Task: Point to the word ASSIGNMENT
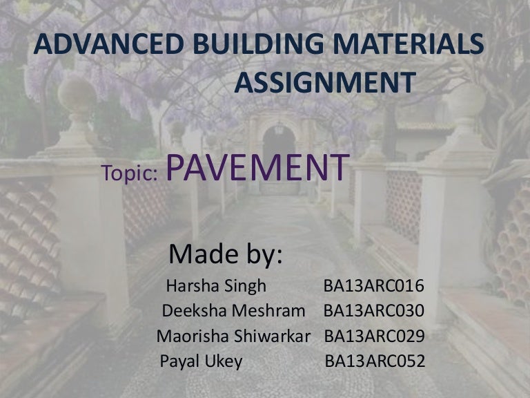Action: coord(325,83)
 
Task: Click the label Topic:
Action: coord(131,173)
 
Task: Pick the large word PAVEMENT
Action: coord(257,167)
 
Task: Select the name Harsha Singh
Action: coord(216,286)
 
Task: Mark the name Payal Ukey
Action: coord(201,361)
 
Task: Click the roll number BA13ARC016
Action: coord(373,286)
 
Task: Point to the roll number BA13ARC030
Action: coord(373,312)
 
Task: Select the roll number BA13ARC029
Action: coord(374,337)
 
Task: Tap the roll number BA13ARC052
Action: coord(375,361)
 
